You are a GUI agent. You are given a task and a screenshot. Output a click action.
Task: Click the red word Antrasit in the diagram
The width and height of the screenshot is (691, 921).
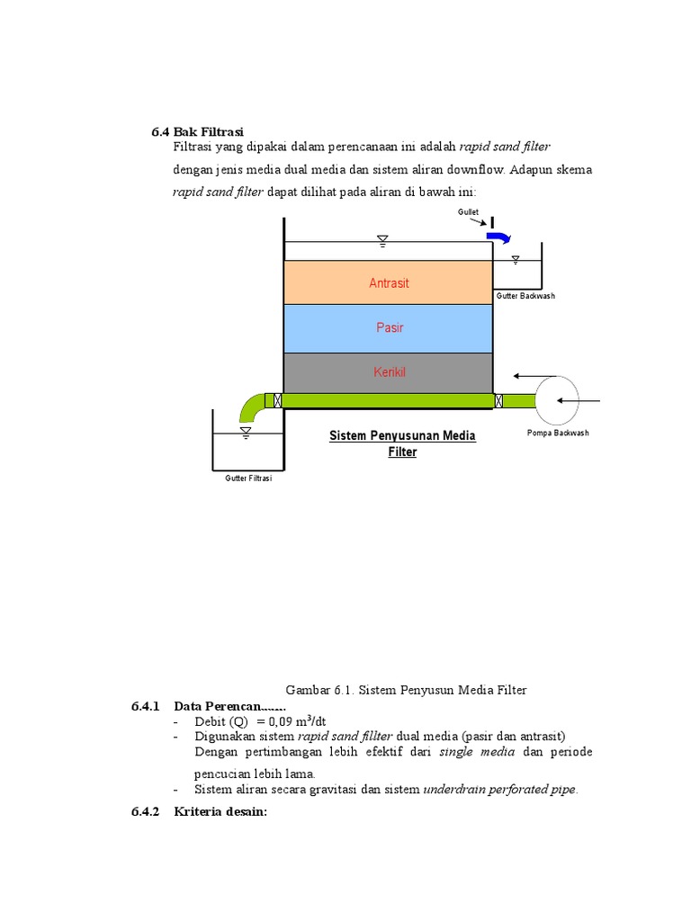click(x=389, y=283)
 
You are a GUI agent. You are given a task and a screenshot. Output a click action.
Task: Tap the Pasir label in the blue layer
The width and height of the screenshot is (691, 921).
click(x=390, y=328)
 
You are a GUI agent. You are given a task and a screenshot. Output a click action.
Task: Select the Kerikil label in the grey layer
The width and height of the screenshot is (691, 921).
click(x=390, y=371)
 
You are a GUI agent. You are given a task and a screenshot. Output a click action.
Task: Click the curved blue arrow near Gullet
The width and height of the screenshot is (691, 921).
click(x=498, y=237)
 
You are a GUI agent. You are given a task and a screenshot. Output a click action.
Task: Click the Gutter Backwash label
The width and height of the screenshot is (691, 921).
click(x=525, y=296)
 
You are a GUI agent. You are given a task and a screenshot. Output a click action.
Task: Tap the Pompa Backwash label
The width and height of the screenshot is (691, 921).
click(x=558, y=434)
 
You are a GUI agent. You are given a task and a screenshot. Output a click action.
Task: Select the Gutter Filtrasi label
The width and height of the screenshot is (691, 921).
click(x=248, y=478)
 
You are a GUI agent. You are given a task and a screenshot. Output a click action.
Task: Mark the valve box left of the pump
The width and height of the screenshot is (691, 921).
click(x=499, y=400)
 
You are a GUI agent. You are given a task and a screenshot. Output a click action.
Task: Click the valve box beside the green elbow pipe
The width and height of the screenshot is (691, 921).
click(x=277, y=400)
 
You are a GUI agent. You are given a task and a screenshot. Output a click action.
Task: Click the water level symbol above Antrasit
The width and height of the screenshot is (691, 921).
click(x=382, y=240)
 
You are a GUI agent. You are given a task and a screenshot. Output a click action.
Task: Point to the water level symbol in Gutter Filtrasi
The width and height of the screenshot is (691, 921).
click(x=246, y=433)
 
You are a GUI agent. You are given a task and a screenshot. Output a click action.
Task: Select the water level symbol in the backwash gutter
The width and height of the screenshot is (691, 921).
click(x=516, y=260)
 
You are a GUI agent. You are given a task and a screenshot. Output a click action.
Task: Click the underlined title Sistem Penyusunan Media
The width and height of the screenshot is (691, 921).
click(x=402, y=436)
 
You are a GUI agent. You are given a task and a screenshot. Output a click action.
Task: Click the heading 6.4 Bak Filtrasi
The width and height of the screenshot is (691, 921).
click(x=198, y=133)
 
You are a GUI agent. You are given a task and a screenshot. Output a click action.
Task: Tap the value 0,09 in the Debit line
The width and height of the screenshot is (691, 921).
click(x=275, y=721)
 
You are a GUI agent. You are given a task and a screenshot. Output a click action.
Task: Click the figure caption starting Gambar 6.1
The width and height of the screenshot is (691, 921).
click(x=406, y=690)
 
